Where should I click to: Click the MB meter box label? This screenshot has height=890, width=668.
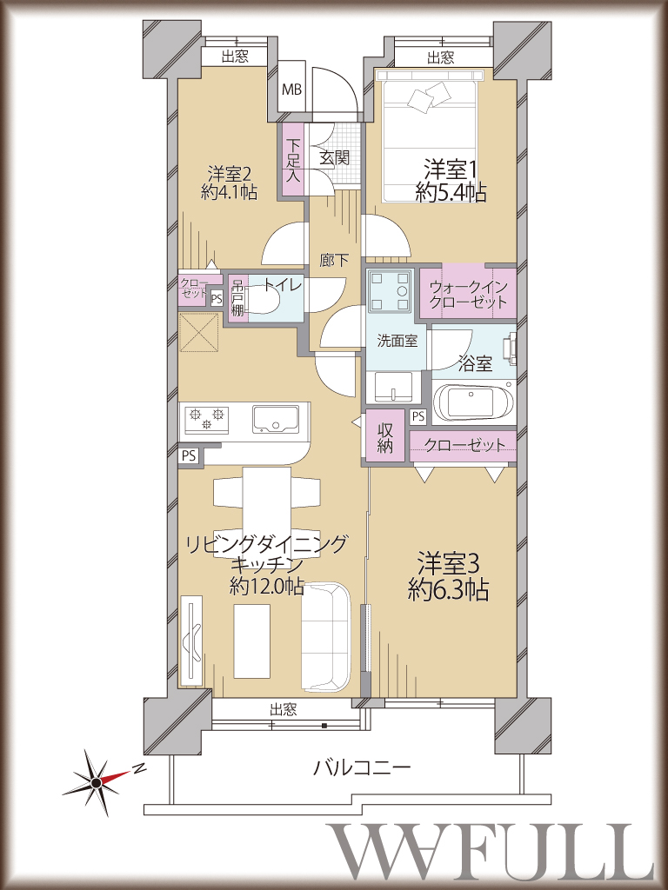point(292,90)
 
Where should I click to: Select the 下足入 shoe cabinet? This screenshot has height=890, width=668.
point(292,160)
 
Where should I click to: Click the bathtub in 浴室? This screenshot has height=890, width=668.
point(472,402)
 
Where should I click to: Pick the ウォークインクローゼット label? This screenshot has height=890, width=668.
point(468,294)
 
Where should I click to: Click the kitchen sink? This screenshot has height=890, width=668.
point(275,420)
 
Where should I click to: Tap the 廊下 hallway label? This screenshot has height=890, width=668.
point(334,261)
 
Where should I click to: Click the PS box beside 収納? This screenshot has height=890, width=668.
point(418,416)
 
